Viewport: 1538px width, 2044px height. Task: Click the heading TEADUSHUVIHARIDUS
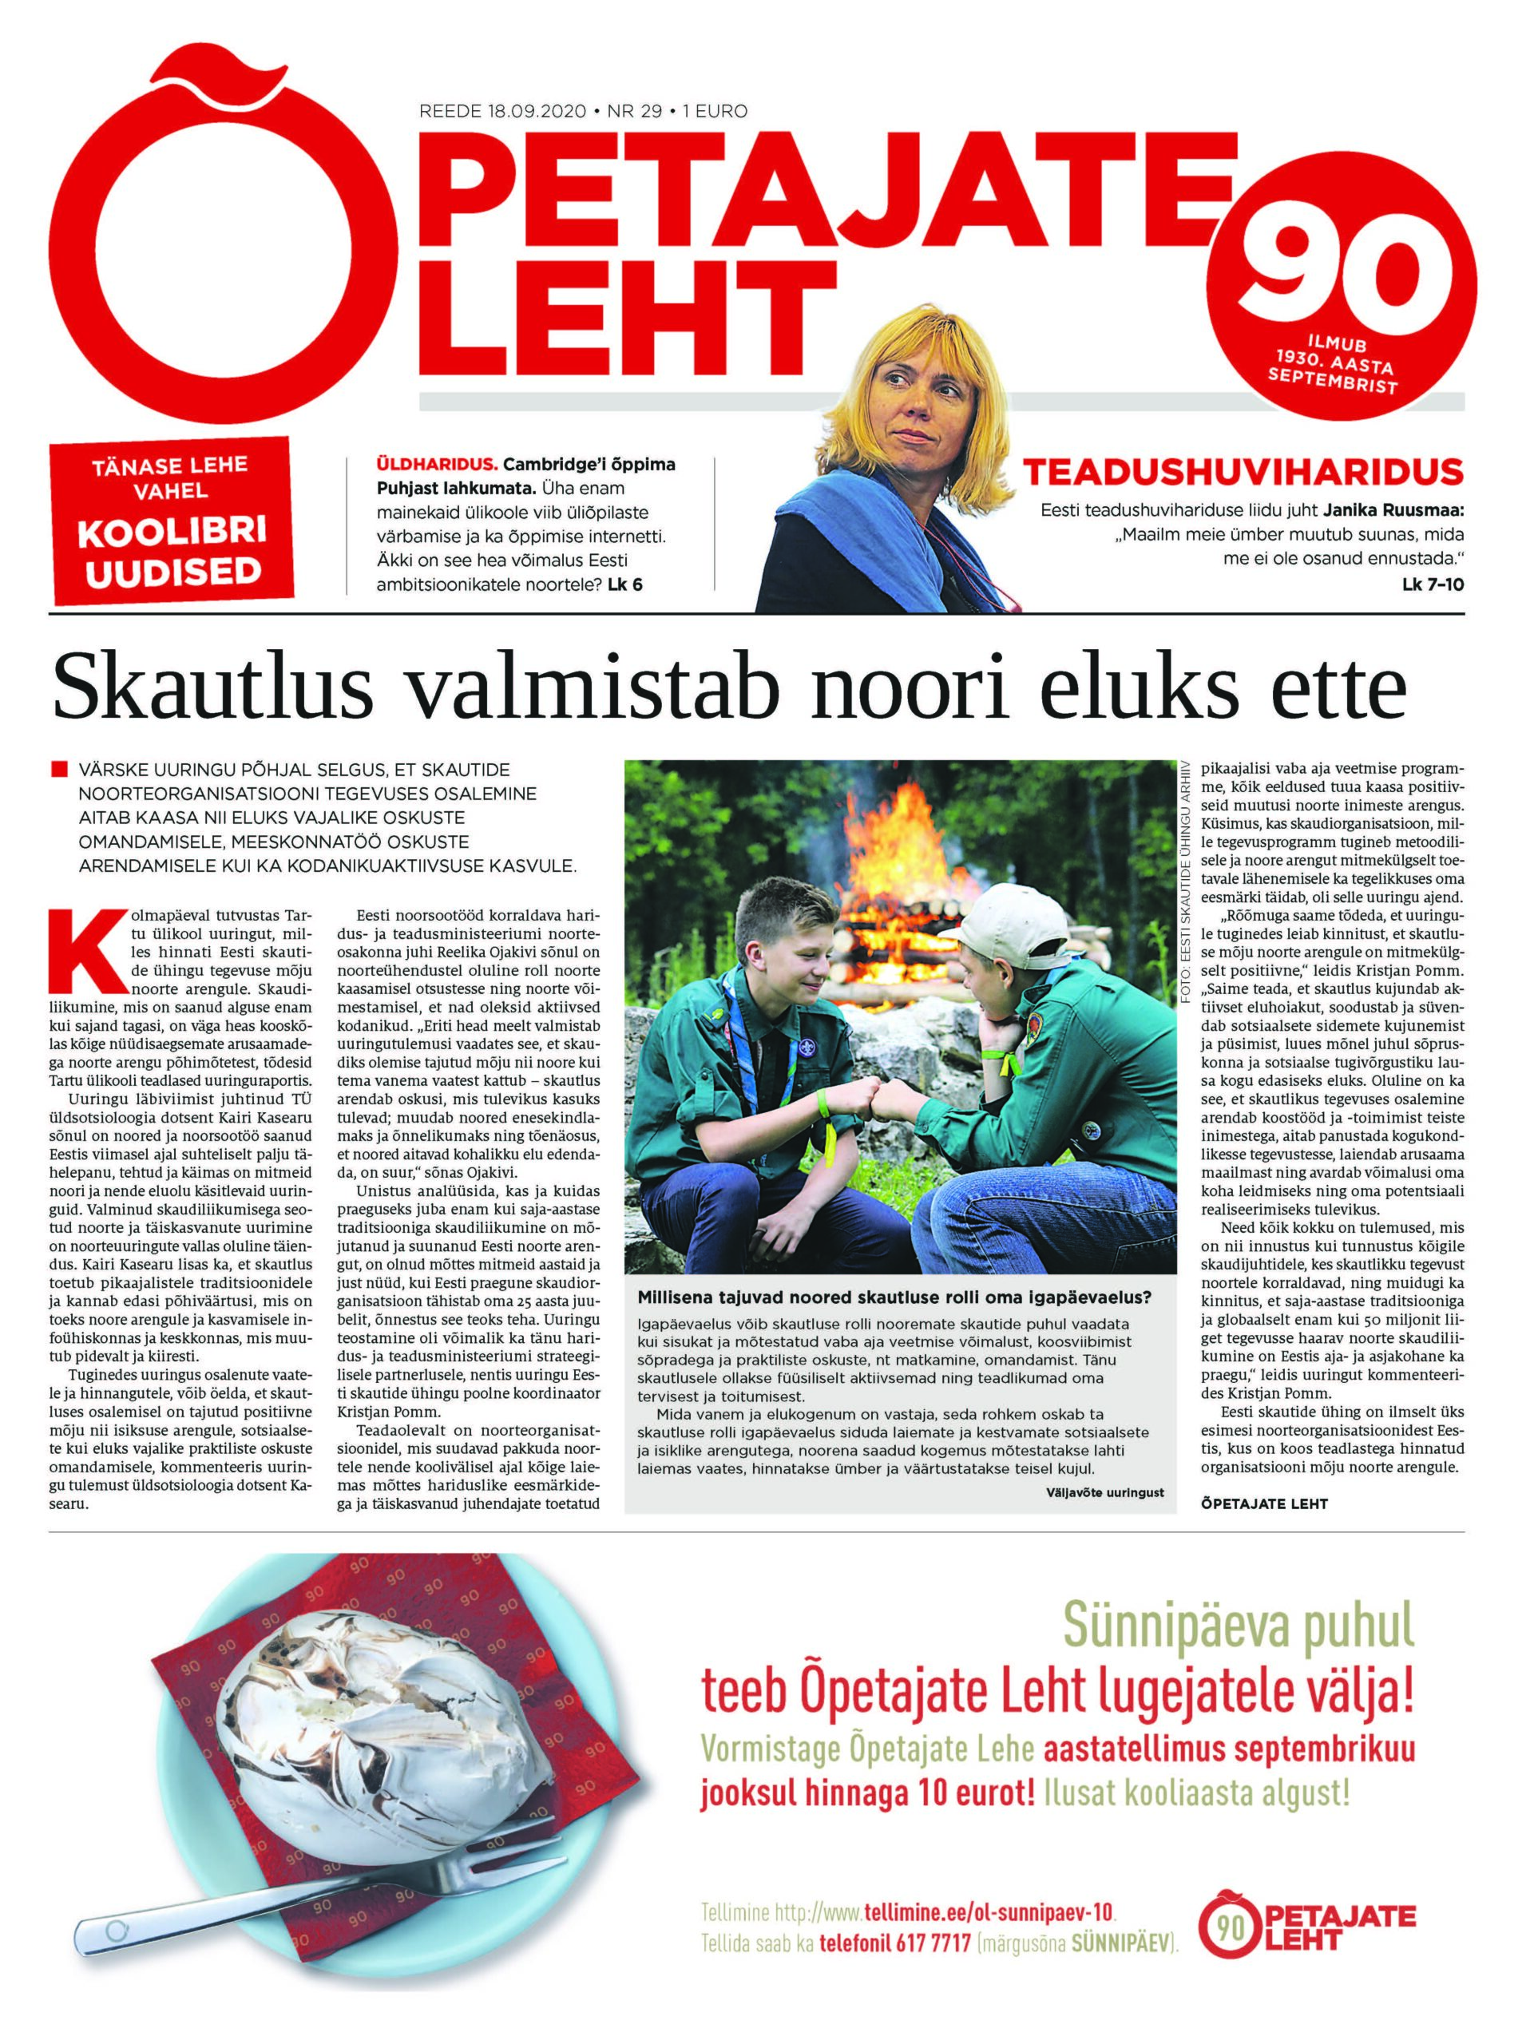(x=1241, y=473)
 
